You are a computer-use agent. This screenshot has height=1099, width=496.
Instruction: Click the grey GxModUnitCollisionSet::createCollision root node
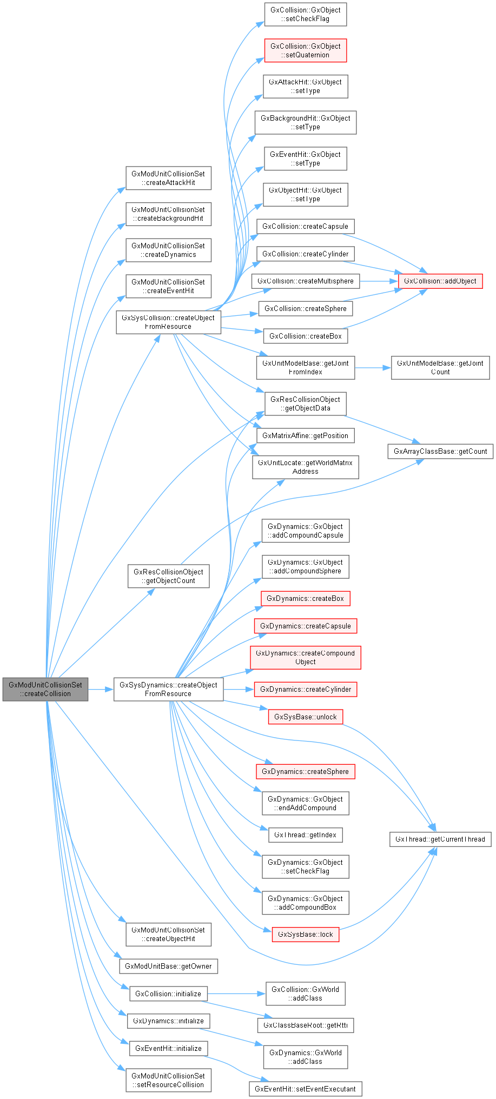tap(45, 689)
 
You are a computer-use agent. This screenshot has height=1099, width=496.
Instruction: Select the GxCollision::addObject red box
tap(440, 281)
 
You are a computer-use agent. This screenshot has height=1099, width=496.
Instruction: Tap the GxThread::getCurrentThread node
tap(440, 839)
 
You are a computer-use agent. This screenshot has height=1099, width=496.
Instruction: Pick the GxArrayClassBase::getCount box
tap(440, 451)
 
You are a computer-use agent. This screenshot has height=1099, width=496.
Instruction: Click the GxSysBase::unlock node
tap(305, 717)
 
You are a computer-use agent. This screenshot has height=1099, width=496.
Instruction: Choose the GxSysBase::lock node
tap(305, 934)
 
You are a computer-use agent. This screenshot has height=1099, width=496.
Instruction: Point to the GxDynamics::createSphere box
tap(305, 771)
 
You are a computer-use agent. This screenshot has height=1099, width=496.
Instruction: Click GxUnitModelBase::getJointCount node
tap(440, 367)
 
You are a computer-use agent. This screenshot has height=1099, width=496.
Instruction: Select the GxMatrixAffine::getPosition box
tap(305, 435)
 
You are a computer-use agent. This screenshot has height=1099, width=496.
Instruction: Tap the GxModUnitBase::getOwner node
tap(168, 966)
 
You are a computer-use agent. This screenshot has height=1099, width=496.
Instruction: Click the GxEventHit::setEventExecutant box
tap(305, 1089)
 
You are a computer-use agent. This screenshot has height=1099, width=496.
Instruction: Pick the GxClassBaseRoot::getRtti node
tap(305, 1025)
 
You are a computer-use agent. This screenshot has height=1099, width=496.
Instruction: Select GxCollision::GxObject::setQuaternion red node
tap(305, 50)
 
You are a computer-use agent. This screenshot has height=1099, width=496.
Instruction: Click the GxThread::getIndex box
tap(305, 835)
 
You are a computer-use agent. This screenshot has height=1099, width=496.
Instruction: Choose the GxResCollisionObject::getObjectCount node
tap(168, 576)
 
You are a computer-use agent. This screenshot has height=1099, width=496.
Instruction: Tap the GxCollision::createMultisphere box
tap(305, 281)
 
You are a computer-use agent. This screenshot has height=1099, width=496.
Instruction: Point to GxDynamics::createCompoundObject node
tap(305, 657)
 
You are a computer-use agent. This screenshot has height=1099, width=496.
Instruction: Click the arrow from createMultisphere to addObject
tap(379, 281)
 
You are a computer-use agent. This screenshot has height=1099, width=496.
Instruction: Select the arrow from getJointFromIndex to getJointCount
tap(373, 368)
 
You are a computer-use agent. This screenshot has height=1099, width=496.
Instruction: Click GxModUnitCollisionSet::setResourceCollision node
tap(168, 1080)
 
